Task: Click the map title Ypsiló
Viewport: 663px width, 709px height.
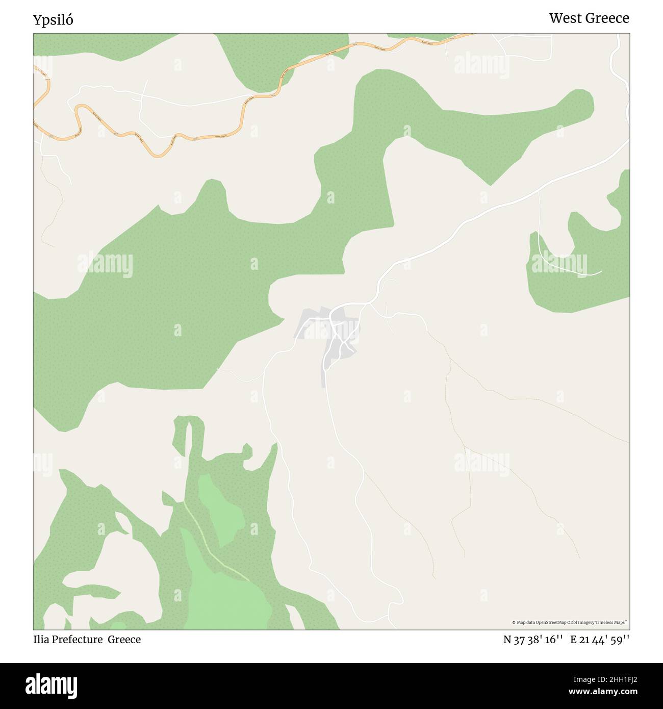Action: pyautogui.click(x=53, y=20)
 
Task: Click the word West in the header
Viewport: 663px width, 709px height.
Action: pyautogui.click(x=565, y=18)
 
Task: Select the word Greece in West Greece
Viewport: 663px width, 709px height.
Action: pyautogui.click(x=608, y=18)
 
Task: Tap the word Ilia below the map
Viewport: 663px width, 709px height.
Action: pyautogui.click(x=41, y=639)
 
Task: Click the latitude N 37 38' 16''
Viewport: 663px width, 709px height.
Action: pyautogui.click(x=532, y=640)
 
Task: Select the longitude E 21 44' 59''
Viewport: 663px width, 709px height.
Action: pyautogui.click(x=600, y=640)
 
